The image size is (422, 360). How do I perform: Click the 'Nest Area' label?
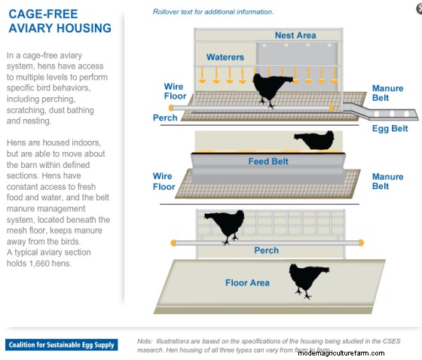[x=295, y=35]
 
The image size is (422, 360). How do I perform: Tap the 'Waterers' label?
[x=225, y=57]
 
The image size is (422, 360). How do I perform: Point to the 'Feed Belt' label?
[x=269, y=161]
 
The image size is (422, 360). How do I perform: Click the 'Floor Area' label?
[x=247, y=283]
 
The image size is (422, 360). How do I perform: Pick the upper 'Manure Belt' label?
[x=387, y=94]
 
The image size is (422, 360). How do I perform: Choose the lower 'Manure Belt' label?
[x=387, y=182]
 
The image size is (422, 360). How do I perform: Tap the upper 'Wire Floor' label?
[x=174, y=92]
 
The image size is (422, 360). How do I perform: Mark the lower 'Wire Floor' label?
[x=164, y=182]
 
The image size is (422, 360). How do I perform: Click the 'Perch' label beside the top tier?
[x=165, y=118]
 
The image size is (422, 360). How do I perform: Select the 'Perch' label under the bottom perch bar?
[x=266, y=251]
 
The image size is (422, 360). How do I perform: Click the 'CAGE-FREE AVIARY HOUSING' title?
[x=60, y=21]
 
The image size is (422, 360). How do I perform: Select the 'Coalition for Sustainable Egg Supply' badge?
[x=62, y=345]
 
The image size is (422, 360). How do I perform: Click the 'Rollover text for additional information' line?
[x=213, y=12]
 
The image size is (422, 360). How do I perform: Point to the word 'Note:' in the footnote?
[x=145, y=341]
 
